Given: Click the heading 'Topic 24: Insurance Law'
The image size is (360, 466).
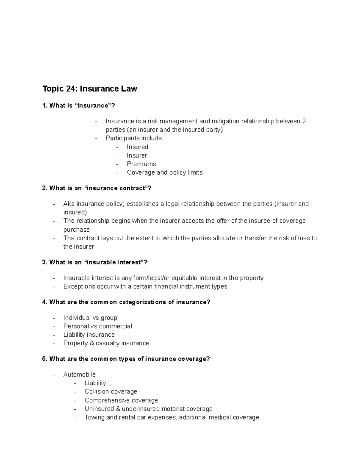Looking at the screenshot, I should click(90, 89).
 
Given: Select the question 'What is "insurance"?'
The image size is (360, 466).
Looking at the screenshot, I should click(79, 106).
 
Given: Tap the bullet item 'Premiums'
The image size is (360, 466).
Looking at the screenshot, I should click(141, 164).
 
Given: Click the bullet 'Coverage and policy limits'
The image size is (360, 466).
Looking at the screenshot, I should click(165, 173).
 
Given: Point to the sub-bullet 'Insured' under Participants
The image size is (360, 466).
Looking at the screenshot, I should click(137, 147).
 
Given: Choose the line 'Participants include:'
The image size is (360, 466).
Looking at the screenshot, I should click(134, 138).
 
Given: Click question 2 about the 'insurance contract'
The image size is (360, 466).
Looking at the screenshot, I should click(97, 188).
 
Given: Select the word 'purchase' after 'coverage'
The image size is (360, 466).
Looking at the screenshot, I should click(76, 230).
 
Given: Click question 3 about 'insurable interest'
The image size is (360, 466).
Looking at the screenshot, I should click(95, 262).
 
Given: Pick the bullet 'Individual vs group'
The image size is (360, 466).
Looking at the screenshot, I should click(90, 318).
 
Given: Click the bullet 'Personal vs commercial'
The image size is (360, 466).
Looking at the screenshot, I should click(97, 326).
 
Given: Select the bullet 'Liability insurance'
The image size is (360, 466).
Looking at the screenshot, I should click(89, 335).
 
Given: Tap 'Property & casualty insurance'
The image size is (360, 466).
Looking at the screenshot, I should click(106, 343).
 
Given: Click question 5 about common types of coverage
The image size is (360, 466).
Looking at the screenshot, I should click(126, 359).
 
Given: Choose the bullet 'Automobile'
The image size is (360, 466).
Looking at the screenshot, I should click(79, 374).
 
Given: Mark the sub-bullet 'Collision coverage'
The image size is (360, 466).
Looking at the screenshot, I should click(111, 392).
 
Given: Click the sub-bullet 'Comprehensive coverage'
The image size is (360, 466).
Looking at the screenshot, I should click(121, 400).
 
